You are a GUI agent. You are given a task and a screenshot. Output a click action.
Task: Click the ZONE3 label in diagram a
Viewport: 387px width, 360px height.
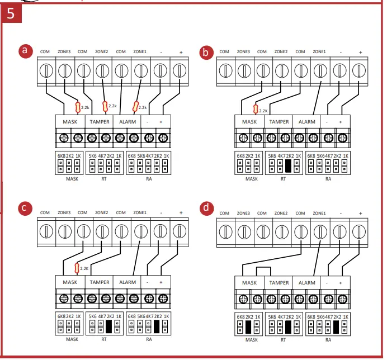[64, 52]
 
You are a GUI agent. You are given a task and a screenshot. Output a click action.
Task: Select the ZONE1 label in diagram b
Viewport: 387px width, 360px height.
[320, 52]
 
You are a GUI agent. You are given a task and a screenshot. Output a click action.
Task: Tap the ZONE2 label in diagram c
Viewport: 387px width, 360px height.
[102, 213]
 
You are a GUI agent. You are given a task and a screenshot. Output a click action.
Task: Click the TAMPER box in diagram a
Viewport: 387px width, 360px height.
[100, 121]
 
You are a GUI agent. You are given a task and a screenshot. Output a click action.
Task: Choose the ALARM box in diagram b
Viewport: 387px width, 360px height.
[307, 121]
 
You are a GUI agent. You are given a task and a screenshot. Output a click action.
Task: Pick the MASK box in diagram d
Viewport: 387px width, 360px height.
[249, 283]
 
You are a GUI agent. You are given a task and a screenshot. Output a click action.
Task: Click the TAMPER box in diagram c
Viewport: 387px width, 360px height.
[100, 282]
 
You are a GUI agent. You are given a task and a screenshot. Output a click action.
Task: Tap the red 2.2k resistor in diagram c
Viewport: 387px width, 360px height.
[77, 269]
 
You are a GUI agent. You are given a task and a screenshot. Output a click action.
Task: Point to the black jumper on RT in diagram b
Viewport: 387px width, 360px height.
[289, 165]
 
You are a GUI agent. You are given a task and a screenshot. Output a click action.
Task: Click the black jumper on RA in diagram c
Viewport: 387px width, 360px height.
[157, 326]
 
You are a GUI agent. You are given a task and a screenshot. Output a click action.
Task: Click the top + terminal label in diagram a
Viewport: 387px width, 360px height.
[181, 52]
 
